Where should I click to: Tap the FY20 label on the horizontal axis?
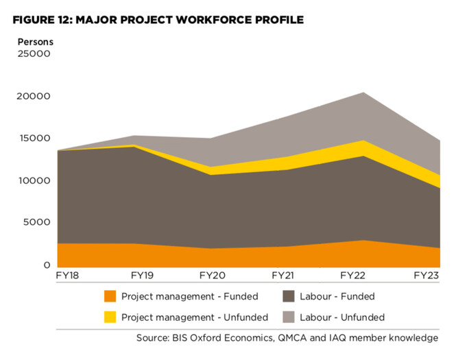pos(213,276)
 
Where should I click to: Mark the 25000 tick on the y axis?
pos(34,54)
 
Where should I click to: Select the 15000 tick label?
pos(34,139)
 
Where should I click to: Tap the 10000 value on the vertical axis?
pos(34,181)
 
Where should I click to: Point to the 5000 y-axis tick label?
pos(37,223)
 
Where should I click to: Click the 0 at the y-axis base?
pos(47,265)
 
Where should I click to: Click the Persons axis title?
pos(36,41)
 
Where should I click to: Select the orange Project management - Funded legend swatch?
pos(110,297)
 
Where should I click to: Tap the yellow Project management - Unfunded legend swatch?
pos(110,317)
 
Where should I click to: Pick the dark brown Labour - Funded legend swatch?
pos(288,297)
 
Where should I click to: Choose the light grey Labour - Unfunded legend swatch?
pos(288,317)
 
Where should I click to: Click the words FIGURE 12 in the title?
pos(44,19)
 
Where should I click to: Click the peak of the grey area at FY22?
pos(363,93)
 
